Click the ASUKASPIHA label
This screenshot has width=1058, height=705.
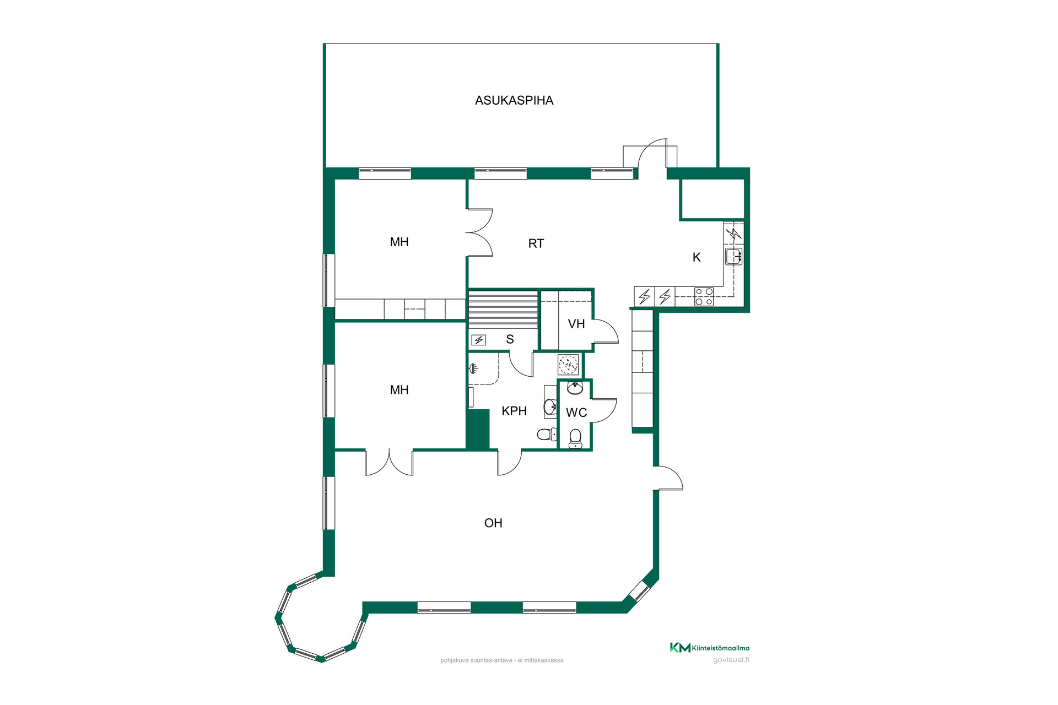click(514, 100)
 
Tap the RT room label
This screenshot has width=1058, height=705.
click(536, 243)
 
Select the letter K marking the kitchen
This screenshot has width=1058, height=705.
click(697, 257)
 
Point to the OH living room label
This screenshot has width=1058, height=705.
click(493, 523)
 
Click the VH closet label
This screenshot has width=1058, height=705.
click(576, 324)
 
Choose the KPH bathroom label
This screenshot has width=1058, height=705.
click(514, 411)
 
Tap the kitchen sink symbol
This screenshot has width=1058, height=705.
click(734, 257)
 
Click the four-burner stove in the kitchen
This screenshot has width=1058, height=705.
click(704, 297)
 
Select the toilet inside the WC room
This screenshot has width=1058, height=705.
click(575, 438)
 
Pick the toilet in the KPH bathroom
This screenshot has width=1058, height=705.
click(547, 435)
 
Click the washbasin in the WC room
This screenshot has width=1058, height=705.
click(575, 388)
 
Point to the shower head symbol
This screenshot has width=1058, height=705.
click(473, 368)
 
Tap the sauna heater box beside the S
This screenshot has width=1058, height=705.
click(478, 340)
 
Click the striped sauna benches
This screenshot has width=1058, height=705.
click(503, 310)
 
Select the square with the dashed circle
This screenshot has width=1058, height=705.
click(568, 365)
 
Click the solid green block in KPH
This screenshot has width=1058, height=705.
click(478, 429)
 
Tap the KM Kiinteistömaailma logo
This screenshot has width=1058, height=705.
click(710, 648)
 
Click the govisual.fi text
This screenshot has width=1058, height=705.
click(731, 660)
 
